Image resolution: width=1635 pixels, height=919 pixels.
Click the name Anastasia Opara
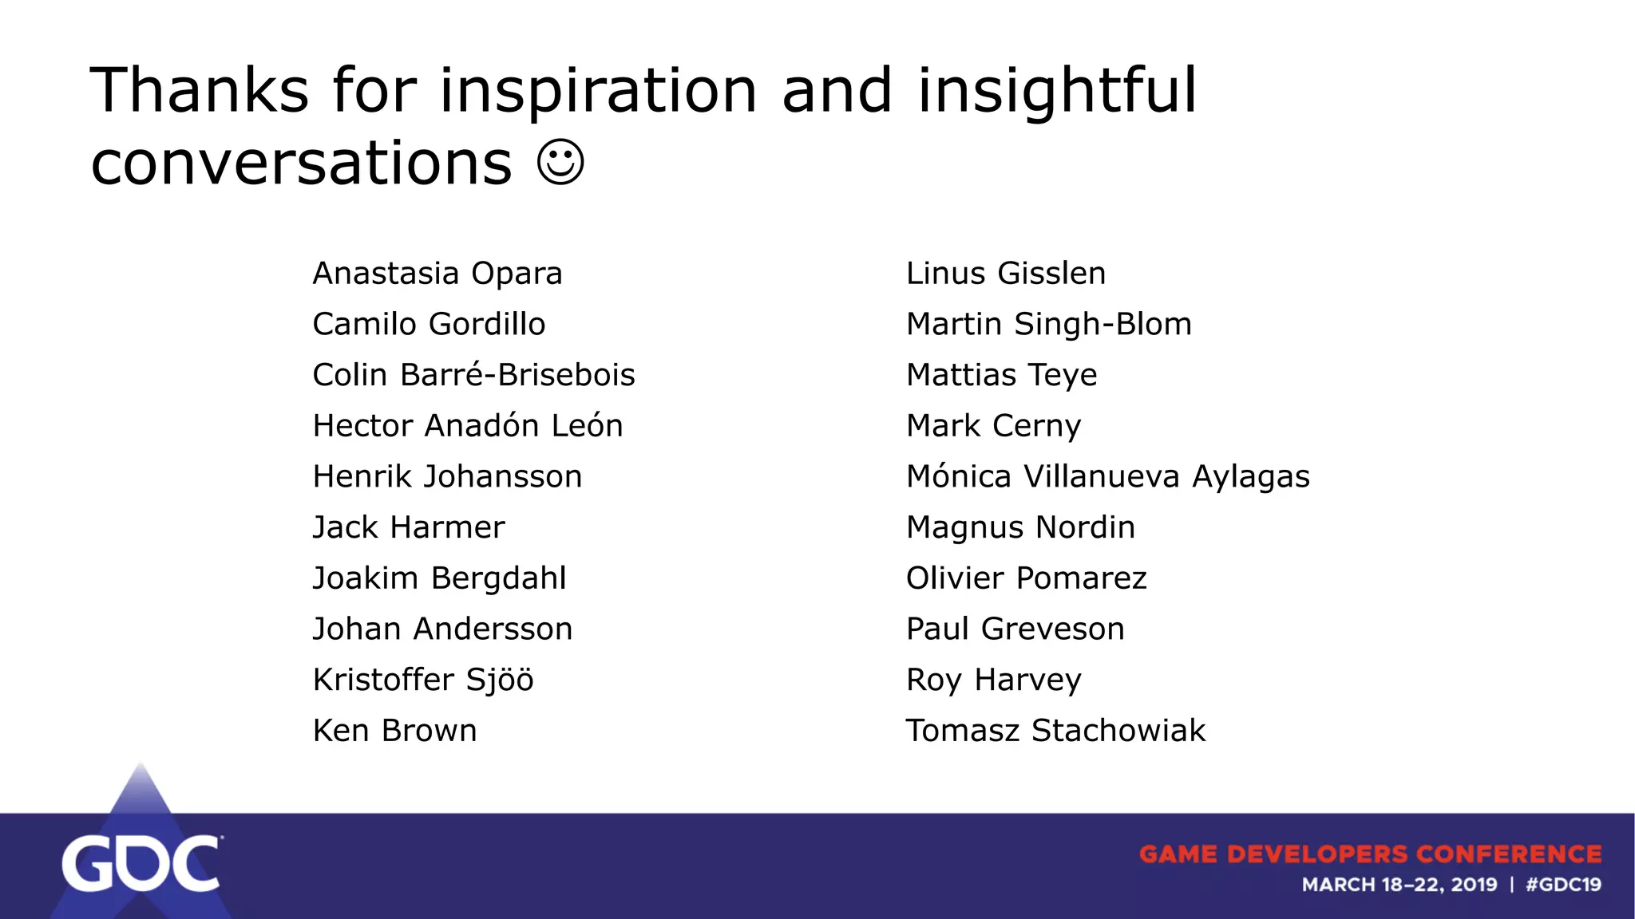point(437,274)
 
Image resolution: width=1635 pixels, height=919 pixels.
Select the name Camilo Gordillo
point(429,325)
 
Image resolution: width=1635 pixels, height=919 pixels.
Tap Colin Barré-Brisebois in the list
point(473,375)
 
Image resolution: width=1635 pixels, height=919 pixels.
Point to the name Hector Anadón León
point(468,426)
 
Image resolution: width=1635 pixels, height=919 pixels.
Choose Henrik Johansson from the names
point(447,477)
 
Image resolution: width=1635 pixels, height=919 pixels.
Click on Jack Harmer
point(409,527)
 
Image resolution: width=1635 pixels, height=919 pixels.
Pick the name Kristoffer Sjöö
point(423,680)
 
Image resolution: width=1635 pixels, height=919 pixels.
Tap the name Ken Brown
point(394,731)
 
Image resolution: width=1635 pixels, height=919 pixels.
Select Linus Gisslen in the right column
point(1006,274)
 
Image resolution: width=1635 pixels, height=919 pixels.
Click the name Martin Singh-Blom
point(1048,325)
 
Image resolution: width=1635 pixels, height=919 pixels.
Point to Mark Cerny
point(993,426)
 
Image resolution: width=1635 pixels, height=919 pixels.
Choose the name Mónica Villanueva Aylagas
point(1107,477)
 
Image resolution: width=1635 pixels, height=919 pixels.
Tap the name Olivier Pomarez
point(1026,578)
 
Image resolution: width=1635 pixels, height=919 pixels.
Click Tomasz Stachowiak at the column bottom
point(1055,731)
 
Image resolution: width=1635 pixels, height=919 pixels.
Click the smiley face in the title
point(560,163)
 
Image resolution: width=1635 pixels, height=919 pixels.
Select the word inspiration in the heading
point(598,91)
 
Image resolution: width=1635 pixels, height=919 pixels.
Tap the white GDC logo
point(141,863)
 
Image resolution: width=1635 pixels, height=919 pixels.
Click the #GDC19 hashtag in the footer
point(1563,885)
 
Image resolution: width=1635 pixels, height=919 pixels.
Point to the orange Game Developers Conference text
point(1370,854)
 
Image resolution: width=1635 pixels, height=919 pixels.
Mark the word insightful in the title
point(1057,91)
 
